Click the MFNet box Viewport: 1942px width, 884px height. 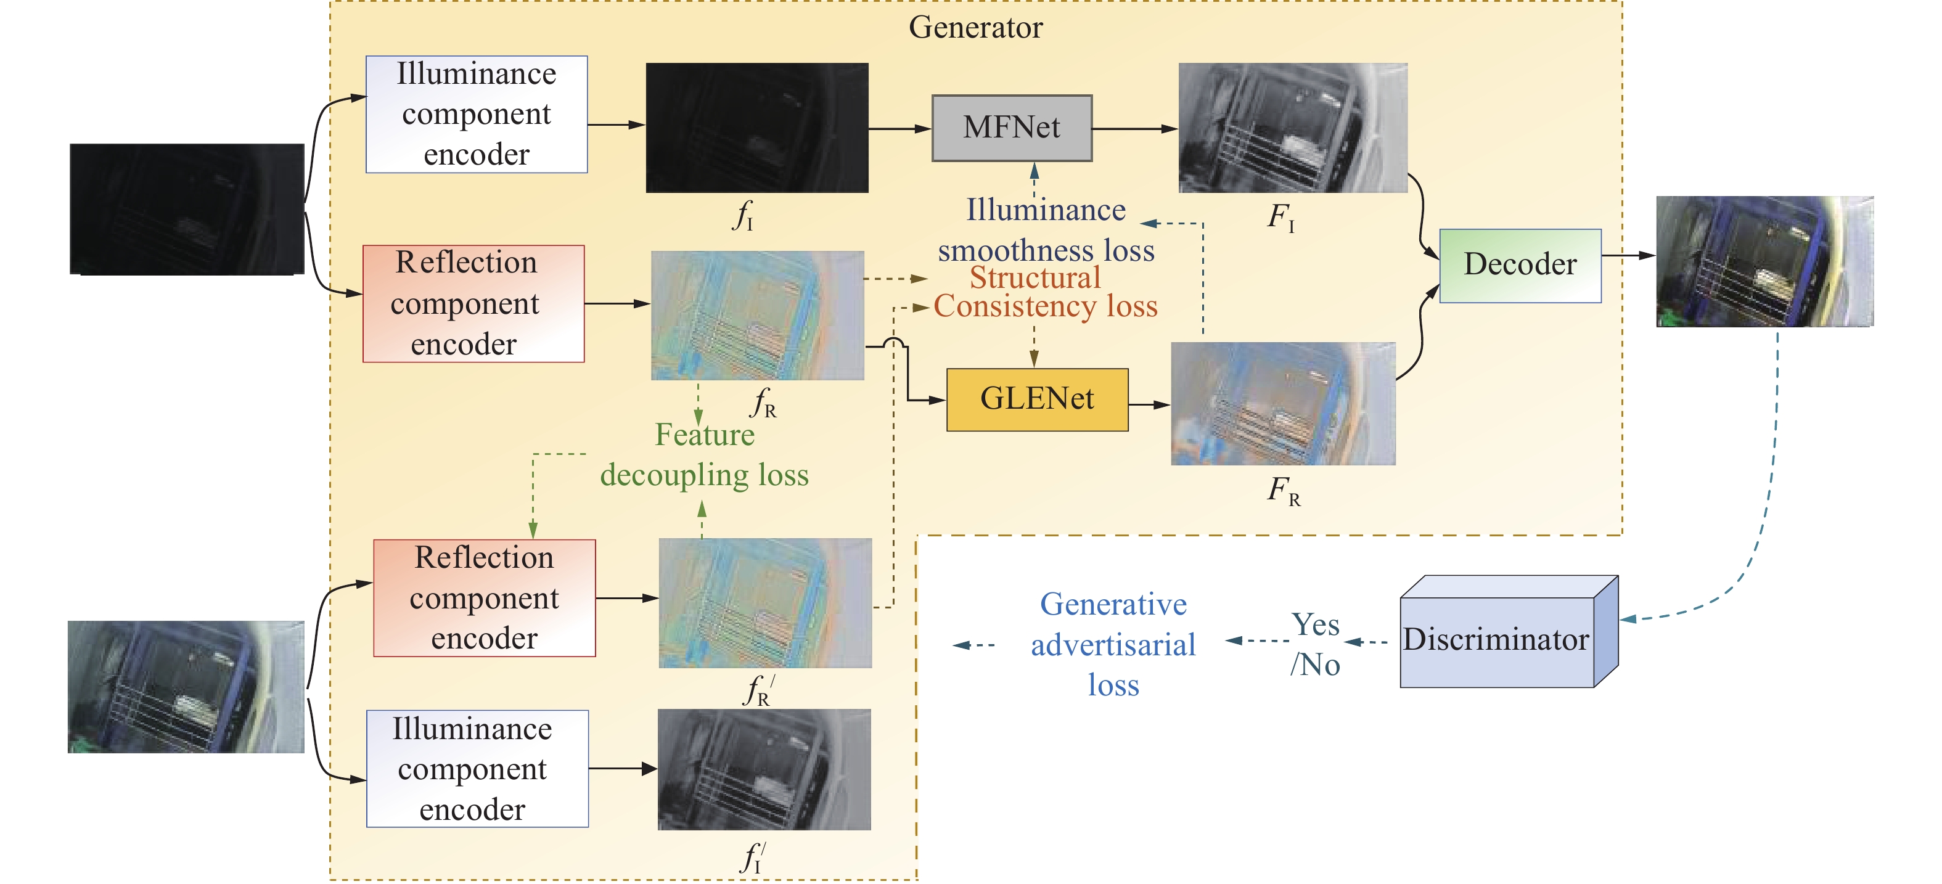pyautogui.click(x=1011, y=128)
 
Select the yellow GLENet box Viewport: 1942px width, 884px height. pyautogui.click(x=1036, y=399)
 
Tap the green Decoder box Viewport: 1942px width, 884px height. pyautogui.click(x=1520, y=265)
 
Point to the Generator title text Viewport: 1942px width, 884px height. pyautogui.click(x=975, y=28)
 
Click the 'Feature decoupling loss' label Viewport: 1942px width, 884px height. pyautogui.click(x=704, y=455)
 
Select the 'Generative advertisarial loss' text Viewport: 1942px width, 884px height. pyautogui.click(x=1113, y=644)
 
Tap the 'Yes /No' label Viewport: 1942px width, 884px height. pyautogui.click(x=1316, y=644)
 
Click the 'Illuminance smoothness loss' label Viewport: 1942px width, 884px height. pyautogui.click(x=1046, y=229)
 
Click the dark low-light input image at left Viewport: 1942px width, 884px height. pyautogui.click(x=187, y=209)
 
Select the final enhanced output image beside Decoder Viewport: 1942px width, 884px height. pyautogui.click(x=1764, y=261)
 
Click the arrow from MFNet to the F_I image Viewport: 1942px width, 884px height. pyautogui.click(x=1134, y=129)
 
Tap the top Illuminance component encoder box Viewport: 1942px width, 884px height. pyautogui.click(x=477, y=115)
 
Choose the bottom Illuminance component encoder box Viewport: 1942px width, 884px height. pyautogui.click(x=477, y=769)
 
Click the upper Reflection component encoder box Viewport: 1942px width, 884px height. pyautogui.click(x=473, y=304)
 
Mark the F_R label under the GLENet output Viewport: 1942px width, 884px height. pyautogui.click(x=1283, y=491)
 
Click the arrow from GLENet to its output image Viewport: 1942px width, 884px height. pyautogui.click(x=1149, y=404)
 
